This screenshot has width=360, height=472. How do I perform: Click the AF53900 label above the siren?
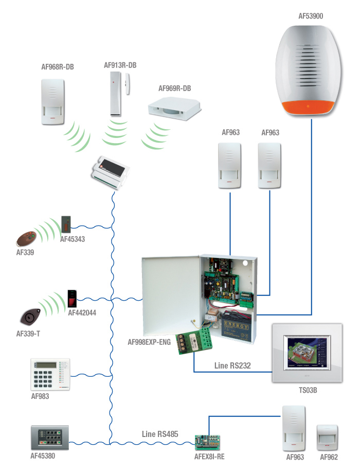(x=311, y=16)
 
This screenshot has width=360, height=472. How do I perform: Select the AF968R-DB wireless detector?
(x=53, y=101)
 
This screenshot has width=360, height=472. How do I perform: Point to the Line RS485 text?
(x=160, y=434)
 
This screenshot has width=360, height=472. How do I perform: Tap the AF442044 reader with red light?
(x=71, y=298)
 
